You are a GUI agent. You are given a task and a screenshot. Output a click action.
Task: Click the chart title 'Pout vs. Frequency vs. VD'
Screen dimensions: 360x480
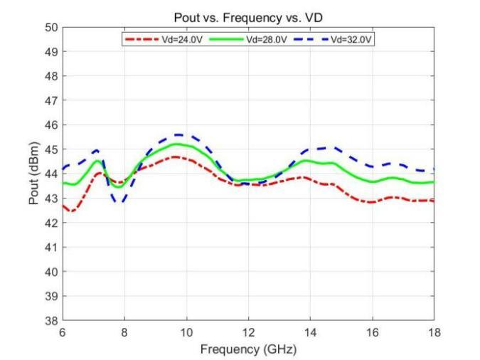[x=248, y=17]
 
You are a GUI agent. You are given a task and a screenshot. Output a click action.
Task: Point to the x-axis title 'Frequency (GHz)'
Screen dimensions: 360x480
[x=248, y=349]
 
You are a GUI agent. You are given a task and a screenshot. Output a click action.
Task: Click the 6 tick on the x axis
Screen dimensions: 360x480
[x=63, y=332]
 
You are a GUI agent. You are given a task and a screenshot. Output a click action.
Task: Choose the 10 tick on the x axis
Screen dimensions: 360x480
[x=186, y=332]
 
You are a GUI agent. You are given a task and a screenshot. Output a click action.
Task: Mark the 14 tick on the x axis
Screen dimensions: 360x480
[x=310, y=332]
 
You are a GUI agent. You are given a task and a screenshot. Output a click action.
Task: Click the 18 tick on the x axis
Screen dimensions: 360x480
[x=433, y=332]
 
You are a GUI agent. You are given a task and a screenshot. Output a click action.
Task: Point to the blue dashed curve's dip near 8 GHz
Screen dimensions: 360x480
[x=119, y=203]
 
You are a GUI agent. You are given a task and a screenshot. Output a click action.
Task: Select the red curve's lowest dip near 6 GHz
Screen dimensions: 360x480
[x=72, y=211]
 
